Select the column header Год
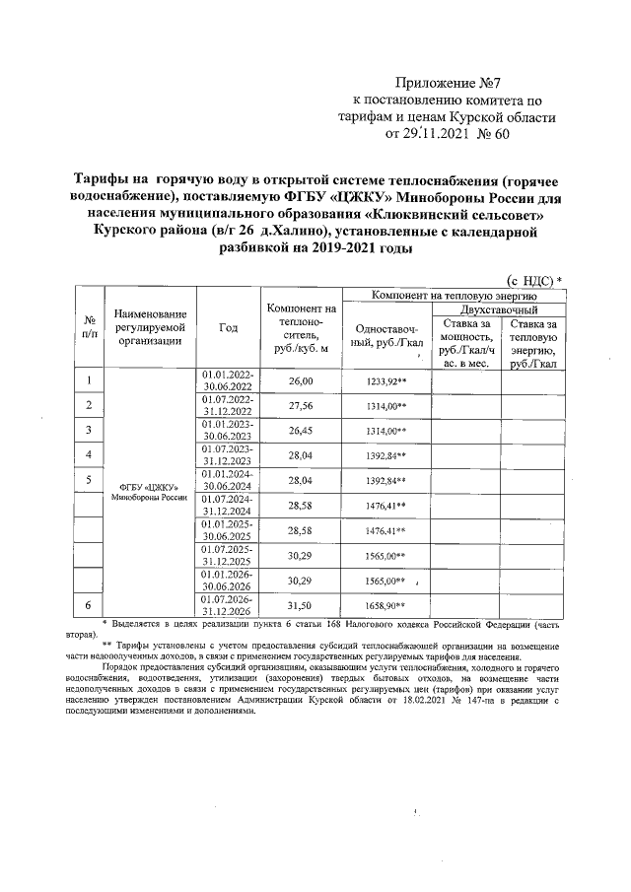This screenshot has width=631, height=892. [x=229, y=327]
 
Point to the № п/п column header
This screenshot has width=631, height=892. [x=90, y=327]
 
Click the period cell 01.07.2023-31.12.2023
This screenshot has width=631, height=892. [x=229, y=455]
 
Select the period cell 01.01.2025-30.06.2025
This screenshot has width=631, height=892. [x=229, y=530]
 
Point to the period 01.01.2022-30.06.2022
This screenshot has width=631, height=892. [x=229, y=380]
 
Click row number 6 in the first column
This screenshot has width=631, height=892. [x=90, y=604]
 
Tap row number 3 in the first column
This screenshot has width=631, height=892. [x=90, y=431]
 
